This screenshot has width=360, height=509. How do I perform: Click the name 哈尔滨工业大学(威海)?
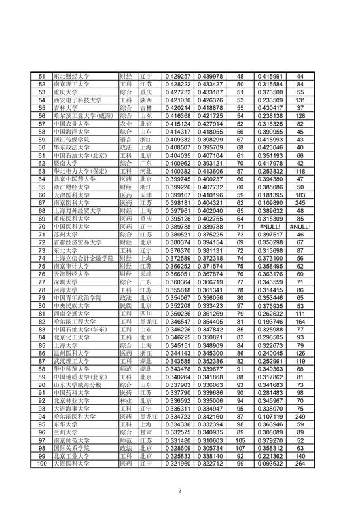coord(83,115)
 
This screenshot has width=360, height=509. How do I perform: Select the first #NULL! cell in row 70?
coord(271,225)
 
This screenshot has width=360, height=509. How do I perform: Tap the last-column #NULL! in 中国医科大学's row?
coord(302,225)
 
